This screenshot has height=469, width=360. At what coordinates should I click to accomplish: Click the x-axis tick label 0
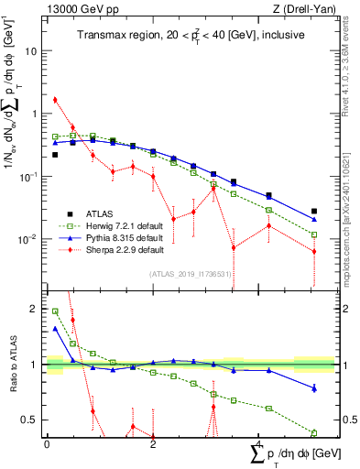point(47,444)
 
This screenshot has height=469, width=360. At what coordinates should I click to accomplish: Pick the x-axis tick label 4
point(259,444)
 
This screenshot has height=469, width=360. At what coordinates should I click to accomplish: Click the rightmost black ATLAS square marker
point(314,212)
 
